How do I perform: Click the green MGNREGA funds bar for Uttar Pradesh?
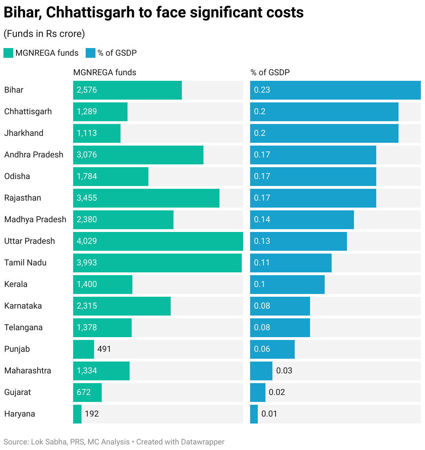(158, 241)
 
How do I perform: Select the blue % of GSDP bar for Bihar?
(335, 90)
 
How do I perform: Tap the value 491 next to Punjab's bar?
(104, 349)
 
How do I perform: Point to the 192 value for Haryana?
(92, 414)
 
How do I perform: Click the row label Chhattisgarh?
(28, 111)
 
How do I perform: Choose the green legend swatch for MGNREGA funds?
(8, 53)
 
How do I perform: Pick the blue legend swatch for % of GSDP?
(91, 53)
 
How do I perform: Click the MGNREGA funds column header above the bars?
(105, 72)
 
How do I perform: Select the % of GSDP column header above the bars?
(270, 72)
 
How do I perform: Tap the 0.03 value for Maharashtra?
(284, 371)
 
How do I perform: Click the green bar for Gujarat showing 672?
(87, 393)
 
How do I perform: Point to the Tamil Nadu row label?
(25, 263)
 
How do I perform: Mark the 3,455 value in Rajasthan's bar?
(87, 198)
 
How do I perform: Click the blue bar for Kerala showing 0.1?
(287, 285)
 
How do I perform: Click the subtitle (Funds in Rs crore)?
(44, 34)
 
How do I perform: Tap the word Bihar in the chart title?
(22, 13)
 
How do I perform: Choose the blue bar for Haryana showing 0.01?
(254, 414)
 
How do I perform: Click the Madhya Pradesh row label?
(35, 219)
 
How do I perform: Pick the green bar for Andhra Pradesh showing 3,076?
(138, 155)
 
